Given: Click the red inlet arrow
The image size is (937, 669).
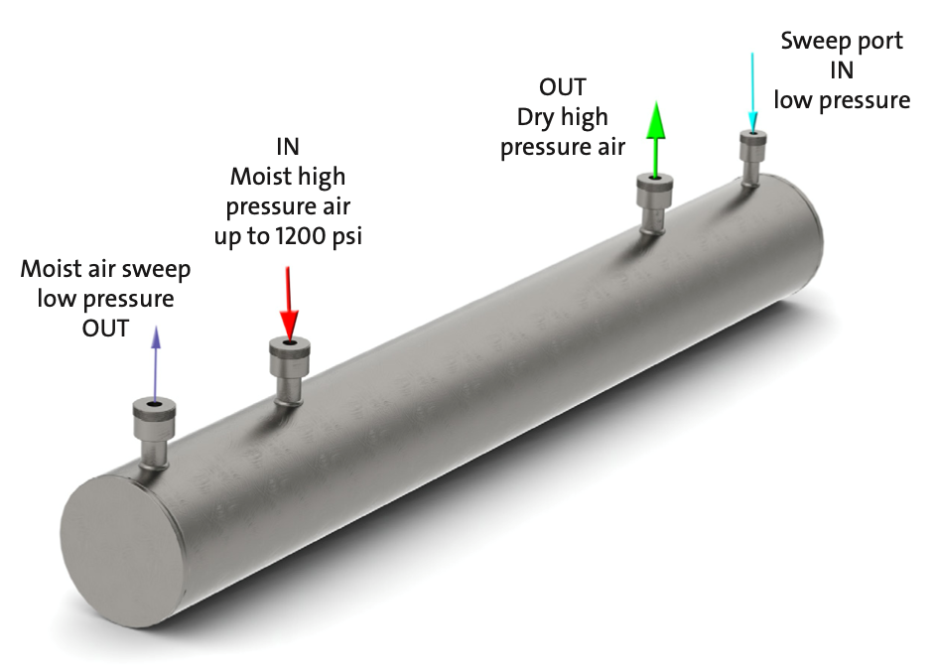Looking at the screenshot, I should point(288,303).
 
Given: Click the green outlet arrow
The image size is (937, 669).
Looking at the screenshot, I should point(653,139).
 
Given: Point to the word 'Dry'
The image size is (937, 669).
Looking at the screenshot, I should point(535,117).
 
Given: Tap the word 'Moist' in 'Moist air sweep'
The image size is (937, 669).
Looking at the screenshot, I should point(52,269).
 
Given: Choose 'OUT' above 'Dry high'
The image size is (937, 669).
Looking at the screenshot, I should point(563,87).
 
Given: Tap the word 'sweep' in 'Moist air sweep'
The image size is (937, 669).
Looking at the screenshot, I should point(156,269).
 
